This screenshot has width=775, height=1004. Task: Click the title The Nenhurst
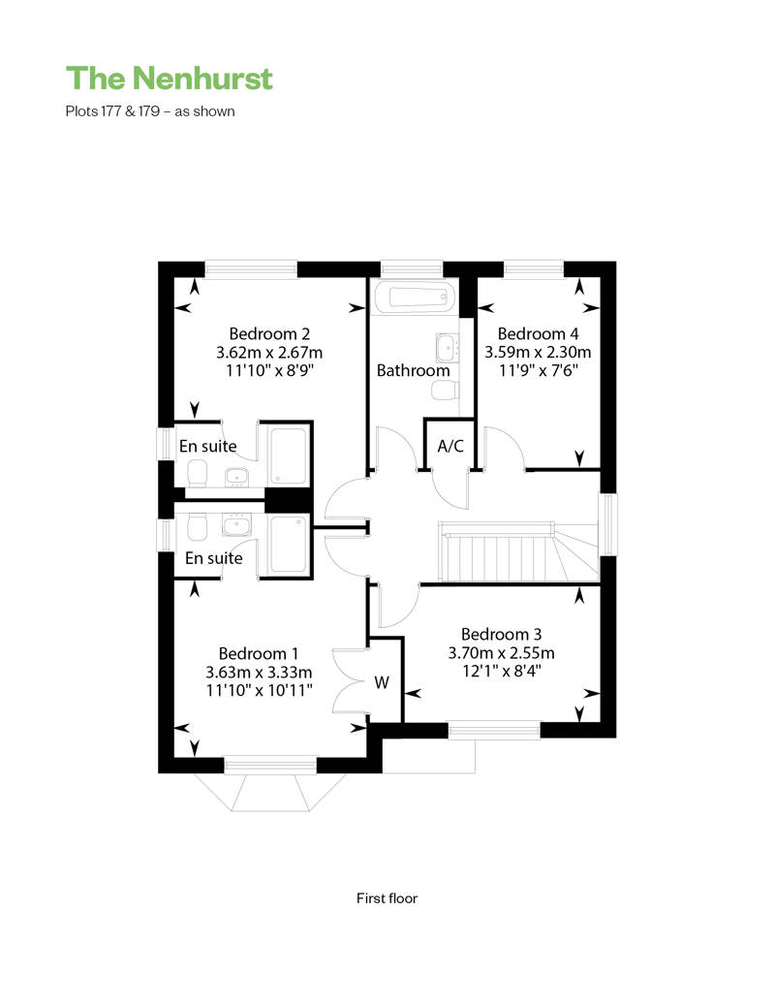pos(170,78)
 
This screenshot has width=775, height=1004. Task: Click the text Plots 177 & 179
pos(112,111)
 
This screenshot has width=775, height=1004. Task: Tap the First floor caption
pos(387,898)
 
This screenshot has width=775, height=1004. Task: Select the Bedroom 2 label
pos(269,333)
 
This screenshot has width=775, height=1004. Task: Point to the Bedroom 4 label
pos(539,333)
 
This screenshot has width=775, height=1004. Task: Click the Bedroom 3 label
pos(501,634)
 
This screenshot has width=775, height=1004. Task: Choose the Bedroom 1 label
pos(259,654)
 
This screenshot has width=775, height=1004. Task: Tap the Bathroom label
pos(413,371)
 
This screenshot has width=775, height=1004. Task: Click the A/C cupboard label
pos(450,446)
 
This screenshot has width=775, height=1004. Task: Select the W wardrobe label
pos(382,682)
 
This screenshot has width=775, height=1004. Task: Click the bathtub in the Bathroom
pos(414,298)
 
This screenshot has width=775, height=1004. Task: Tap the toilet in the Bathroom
pos(444,390)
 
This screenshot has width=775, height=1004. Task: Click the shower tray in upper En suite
pos(288,455)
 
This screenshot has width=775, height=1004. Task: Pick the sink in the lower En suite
pos(236,525)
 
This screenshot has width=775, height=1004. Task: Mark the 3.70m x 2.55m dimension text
pos(501,653)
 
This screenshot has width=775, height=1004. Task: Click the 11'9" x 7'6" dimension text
pos(539,371)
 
